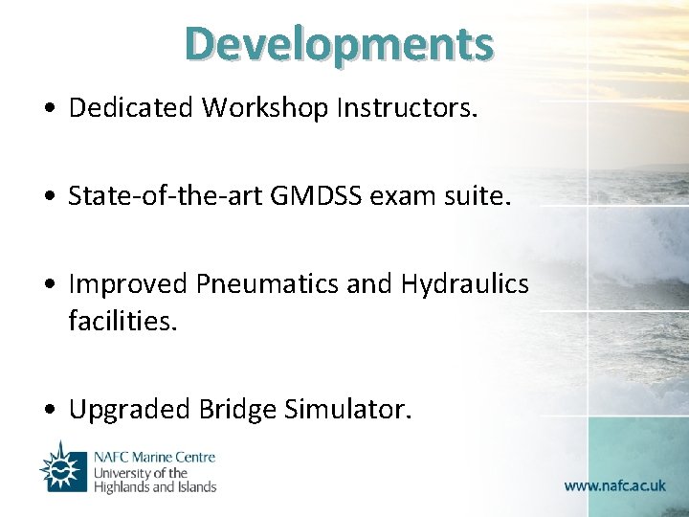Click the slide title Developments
click(x=340, y=43)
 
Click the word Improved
click(x=129, y=284)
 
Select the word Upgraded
click(x=130, y=410)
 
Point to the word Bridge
click(x=237, y=410)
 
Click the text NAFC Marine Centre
click(x=154, y=458)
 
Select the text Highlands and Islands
click(x=154, y=486)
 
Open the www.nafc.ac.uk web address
click(x=614, y=485)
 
